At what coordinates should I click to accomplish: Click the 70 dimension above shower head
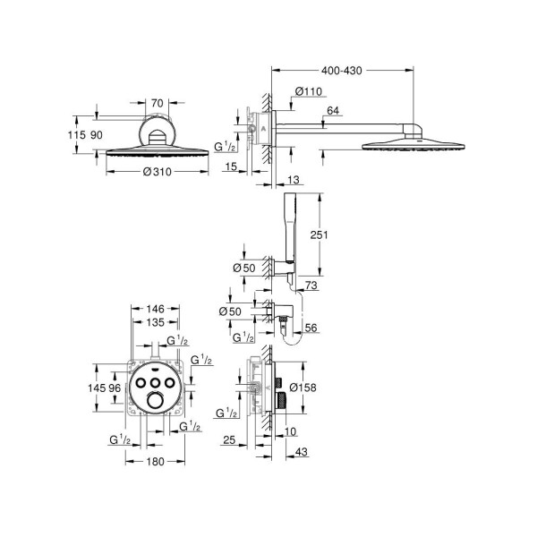(x=158, y=104)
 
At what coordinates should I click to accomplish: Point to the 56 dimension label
(x=311, y=329)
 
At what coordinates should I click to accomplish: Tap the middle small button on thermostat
(x=156, y=382)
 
